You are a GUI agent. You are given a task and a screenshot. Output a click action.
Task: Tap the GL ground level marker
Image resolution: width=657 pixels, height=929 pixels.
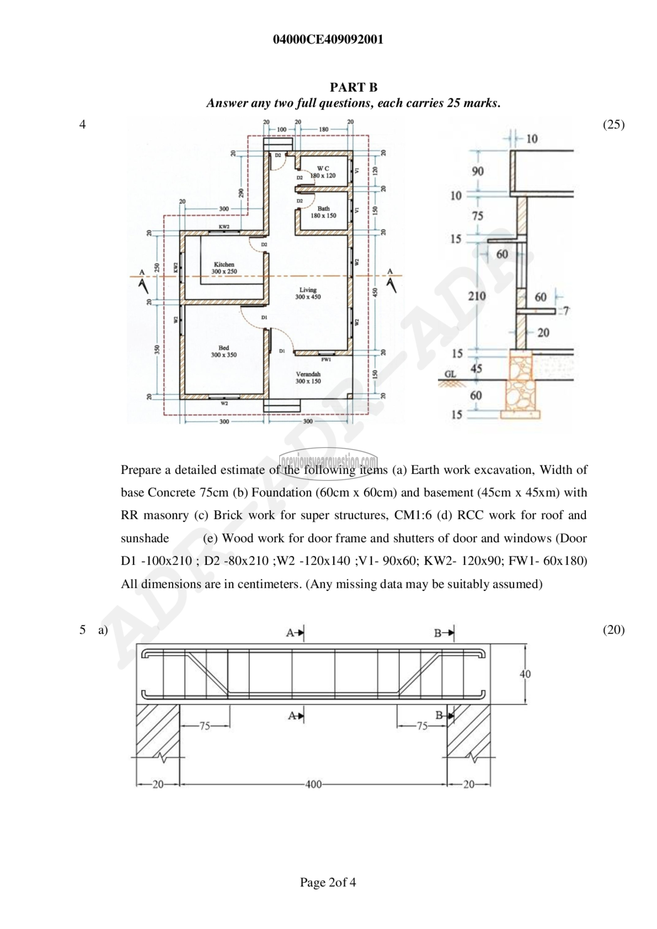(x=450, y=374)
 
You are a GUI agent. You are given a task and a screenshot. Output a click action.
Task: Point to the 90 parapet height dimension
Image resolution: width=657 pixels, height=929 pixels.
(x=478, y=171)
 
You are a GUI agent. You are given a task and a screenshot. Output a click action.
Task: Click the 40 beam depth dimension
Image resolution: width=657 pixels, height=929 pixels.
(x=525, y=674)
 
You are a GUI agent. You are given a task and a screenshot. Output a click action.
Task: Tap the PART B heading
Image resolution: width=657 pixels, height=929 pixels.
(x=353, y=87)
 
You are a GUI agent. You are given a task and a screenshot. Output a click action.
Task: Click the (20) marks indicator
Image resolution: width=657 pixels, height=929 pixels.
(x=614, y=630)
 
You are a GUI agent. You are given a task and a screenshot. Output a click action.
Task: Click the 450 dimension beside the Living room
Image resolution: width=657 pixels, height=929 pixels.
(x=375, y=292)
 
